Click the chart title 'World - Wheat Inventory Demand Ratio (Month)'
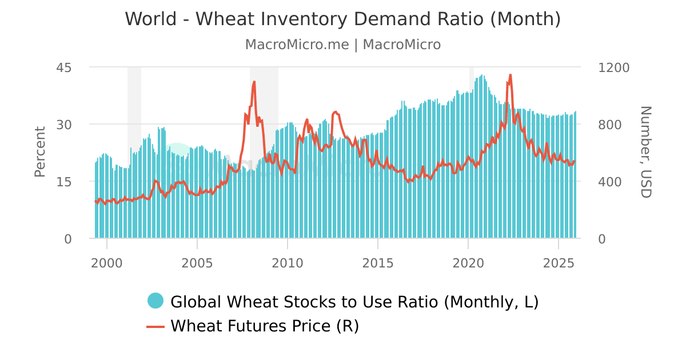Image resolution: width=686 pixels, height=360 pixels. click(x=342, y=19)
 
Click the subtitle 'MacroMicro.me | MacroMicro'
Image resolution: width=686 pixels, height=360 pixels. click(x=342, y=45)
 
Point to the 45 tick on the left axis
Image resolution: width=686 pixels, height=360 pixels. click(x=63, y=67)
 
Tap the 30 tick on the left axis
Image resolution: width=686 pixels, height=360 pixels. click(x=63, y=125)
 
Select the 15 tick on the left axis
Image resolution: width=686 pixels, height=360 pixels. click(x=63, y=182)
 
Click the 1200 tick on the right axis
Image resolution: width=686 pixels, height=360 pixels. click(x=613, y=67)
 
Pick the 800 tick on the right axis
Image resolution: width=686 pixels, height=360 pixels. click(x=610, y=125)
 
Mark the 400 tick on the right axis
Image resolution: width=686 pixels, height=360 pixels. click(x=610, y=182)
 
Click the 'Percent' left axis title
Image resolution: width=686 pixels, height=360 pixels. click(x=39, y=152)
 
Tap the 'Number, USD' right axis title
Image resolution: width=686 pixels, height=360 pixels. click(x=645, y=152)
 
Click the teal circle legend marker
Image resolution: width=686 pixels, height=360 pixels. click(x=155, y=301)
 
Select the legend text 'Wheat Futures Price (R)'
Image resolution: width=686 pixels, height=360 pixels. click(x=265, y=326)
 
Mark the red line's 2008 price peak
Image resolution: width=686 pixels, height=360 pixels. click(x=254, y=82)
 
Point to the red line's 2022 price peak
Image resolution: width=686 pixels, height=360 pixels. click(x=510, y=75)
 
